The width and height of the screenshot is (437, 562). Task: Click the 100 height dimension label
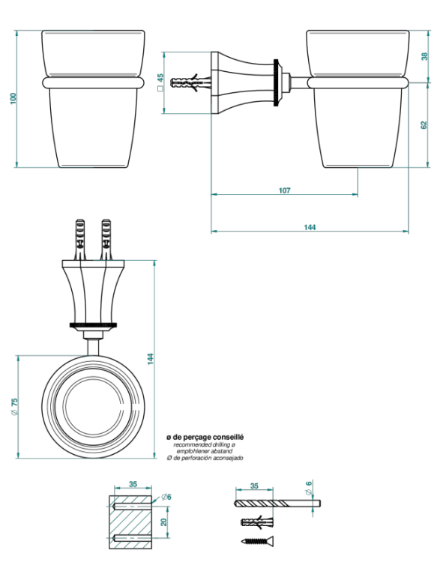13,99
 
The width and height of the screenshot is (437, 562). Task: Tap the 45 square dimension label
160,82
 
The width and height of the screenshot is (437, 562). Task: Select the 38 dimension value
424,56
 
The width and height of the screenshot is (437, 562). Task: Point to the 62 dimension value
424,125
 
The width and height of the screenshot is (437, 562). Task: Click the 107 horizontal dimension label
285,190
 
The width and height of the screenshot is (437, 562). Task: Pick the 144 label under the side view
310,227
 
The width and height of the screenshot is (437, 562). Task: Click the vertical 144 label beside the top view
151,359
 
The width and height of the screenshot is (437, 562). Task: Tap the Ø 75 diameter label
14,406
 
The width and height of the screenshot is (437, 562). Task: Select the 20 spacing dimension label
164,522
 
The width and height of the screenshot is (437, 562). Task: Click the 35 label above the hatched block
133,484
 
